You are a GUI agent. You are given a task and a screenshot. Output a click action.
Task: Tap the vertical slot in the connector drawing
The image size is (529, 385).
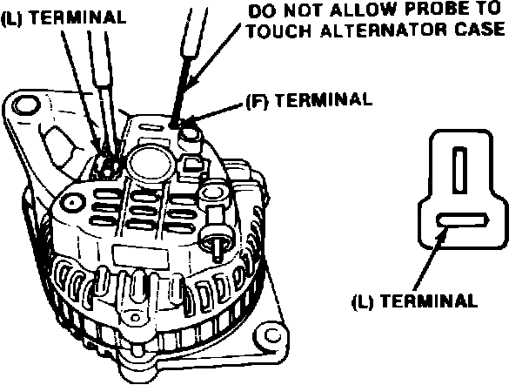point(461,168)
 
